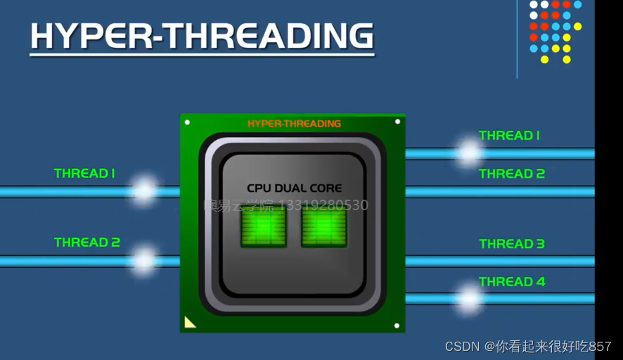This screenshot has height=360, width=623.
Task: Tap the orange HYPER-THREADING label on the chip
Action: click(294, 124)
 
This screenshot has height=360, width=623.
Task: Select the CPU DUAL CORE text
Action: click(295, 188)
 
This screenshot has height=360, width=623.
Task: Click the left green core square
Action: click(264, 227)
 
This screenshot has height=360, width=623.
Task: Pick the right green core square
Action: click(324, 227)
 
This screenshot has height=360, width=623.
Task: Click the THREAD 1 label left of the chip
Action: click(84, 173)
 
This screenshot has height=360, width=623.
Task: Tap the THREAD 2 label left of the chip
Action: click(87, 243)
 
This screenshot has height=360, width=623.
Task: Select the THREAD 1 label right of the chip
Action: click(509, 136)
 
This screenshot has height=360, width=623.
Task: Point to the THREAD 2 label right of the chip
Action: click(512, 174)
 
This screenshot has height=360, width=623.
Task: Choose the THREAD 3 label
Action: click(512, 244)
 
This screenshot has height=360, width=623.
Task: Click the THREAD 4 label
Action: click(512, 281)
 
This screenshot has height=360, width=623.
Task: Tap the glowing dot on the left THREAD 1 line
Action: click(144, 191)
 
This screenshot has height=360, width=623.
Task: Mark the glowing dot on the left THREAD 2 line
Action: click(144, 260)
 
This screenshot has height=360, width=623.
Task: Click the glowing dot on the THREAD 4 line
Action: click(468, 298)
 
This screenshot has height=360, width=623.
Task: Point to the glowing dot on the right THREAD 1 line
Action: click(468, 153)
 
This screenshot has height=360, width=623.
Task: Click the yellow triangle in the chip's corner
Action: click(188, 323)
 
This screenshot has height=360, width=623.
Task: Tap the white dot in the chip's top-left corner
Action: click(187, 122)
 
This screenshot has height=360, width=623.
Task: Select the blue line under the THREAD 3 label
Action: click(500, 261)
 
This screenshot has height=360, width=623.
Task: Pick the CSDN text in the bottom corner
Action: click(461, 347)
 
